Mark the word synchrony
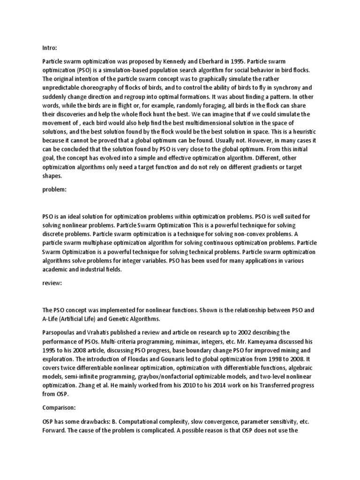click(x=305, y=87)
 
